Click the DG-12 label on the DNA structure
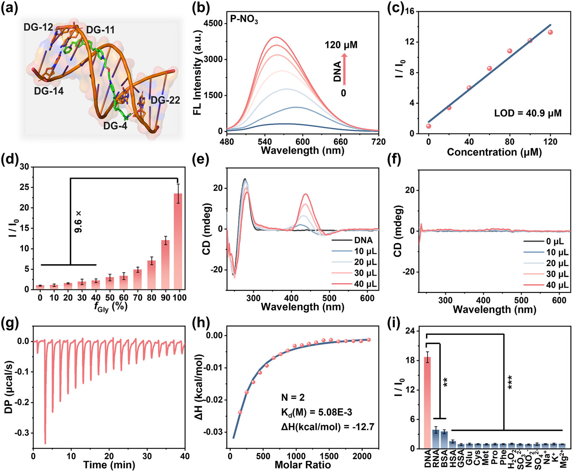[x=38, y=27]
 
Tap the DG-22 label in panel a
[x=165, y=100]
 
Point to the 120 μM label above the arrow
[x=341, y=44]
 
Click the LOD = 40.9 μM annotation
[x=528, y=113]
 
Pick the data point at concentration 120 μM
[x=550, y=32]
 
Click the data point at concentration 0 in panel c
[x=428, y=126]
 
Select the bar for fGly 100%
[x=178, y=241]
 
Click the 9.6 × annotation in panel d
[x=78, y=222]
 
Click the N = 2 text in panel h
[x=293, y=397]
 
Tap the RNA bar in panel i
[x=436, y=439]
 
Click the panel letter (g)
[x=9, y=324]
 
